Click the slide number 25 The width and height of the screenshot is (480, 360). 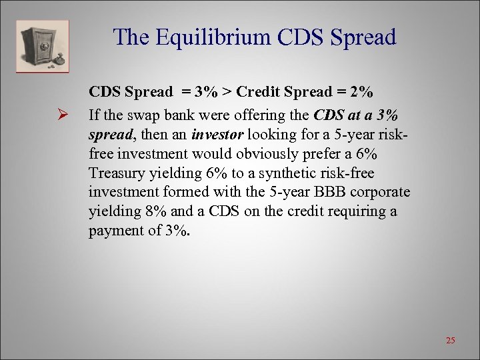[x=450, y=341]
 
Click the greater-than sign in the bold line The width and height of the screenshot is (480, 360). [x=227, y=92]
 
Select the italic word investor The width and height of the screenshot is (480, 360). [x=214, y=135]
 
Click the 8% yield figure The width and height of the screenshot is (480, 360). [x=143, y=212]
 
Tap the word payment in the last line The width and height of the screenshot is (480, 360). [x=113, y=231]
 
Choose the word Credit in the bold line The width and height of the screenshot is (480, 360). [x=257, y=92]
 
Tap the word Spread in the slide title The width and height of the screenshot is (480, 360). [x=356, y=37]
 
